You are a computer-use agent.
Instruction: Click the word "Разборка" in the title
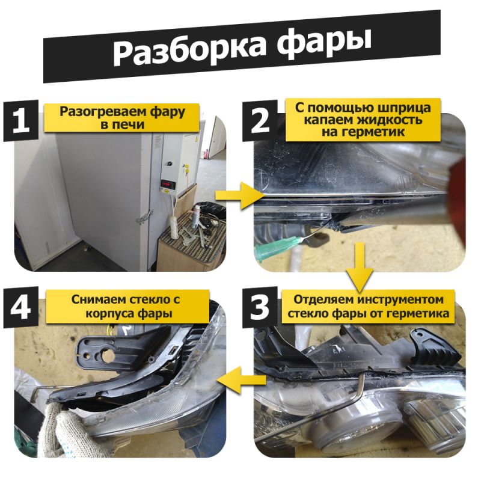point(189,51)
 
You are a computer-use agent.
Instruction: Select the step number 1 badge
point(21,121)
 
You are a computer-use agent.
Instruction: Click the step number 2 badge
point(260,121)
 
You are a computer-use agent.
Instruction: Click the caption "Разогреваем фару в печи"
point(122,117)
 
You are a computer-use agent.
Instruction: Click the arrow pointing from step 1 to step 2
point(238,195)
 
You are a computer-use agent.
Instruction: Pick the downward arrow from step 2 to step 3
point(360,267)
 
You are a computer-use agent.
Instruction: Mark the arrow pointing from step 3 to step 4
point(242,380)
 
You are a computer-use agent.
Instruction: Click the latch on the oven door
point(145,217)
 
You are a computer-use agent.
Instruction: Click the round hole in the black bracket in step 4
point(108,356)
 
